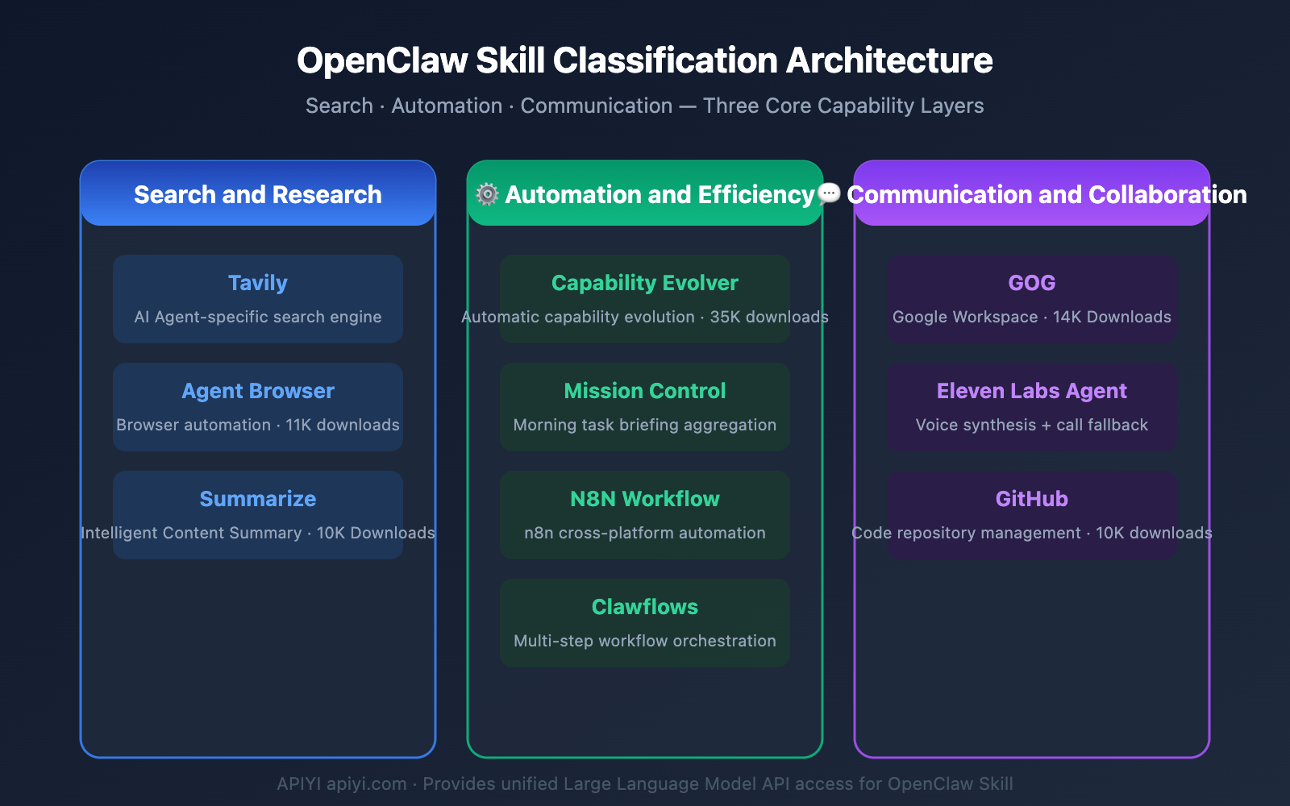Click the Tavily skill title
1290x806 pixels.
tap(258, 283)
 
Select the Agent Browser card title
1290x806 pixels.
tap(258, 391)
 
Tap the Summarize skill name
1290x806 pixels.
tap(258, 499)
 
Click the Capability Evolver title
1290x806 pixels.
tap(645, 283)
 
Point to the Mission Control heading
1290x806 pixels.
tap(645, 391)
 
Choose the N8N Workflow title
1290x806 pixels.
tap(645, 499)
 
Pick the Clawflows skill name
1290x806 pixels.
tap(645, 607)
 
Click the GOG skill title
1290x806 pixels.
tap(1032, 283)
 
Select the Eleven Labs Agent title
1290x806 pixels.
tap(1032, 391)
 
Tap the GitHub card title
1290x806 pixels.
tap(1032, 499)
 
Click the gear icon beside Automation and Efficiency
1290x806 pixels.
tap(487, 194)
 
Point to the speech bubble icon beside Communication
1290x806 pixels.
tap(829, 193)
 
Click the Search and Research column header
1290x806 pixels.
tap(258, 194)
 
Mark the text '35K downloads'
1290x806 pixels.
tap(769, 317)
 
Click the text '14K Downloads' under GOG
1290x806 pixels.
tap(1112, 317)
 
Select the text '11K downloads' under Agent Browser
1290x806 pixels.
tap(343, 425)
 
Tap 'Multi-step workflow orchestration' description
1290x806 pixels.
tap(645, 641)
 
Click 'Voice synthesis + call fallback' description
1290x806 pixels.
tap(1032, 425)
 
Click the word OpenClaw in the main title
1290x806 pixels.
tap(382, 60)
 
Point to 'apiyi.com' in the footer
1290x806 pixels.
tap(367, 783)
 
